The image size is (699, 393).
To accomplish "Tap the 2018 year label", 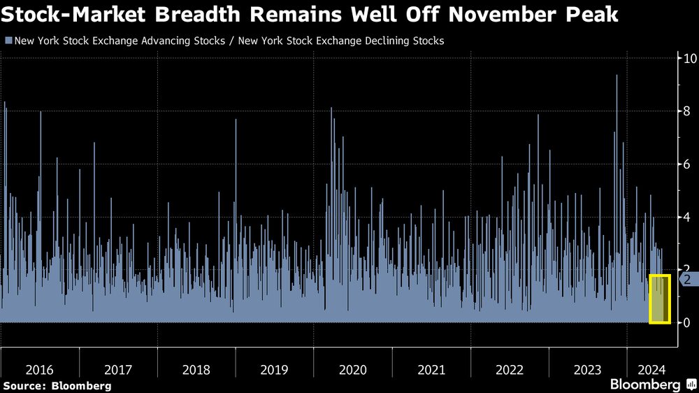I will (196, 369).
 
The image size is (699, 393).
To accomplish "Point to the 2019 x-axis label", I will (274, 369).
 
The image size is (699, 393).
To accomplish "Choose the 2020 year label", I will (352, 369).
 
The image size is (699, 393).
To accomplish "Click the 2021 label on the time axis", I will (431, 369).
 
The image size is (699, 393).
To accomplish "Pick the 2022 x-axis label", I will (509, 369).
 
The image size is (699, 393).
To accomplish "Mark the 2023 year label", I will (587, 369).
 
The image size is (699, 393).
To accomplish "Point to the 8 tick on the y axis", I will (688, 111).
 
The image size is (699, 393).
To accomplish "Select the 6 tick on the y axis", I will (688, 164).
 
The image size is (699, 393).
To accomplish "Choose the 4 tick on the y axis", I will (688, 217).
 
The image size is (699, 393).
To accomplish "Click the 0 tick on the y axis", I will (688, 322).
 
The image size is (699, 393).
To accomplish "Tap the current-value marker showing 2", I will (687, 279).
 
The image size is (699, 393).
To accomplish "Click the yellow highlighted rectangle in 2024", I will (660, 299).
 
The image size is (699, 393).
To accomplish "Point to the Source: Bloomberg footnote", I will (57, 385).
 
